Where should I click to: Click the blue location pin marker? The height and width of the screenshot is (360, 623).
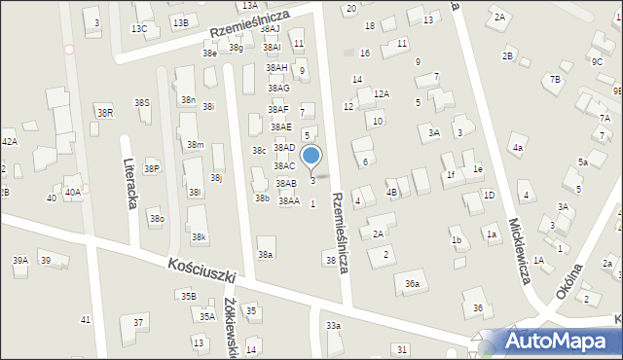pyautogui.click(x=311, y=157)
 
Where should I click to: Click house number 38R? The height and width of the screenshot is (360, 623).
pyautogui.click(x=105, y=113)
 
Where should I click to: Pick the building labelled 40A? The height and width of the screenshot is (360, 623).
pyautogui.click(x=73, y=193)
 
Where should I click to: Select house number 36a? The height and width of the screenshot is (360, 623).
pyautogui.click(x=413, y=283)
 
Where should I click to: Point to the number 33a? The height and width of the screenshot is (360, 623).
pyautogui.click(x=333, y=326)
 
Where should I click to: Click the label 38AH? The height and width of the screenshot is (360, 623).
pyautogui.click(x=276, y=68)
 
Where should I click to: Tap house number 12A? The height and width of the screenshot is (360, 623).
pyautogui.click(x=382, y=94)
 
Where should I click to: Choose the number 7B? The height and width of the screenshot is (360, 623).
pyautogui.click(x=555, y=79)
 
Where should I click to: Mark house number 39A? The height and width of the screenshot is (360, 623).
pyautogui.click(x=19, y=260)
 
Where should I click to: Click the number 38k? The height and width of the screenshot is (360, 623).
pyautogui.click(x=199, y=237)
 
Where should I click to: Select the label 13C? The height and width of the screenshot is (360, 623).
pyautogui.click(x=139, y=29)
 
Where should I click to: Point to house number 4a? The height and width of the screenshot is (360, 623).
pyautogui.click(x=519, y=148)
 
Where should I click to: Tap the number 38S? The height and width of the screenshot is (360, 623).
pyautogui.click(x=142, y=102)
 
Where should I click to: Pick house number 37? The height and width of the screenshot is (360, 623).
pyautogui.click(x=139, y=322)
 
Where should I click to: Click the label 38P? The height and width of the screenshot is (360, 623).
pyautogui.click(x=151, y=168)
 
